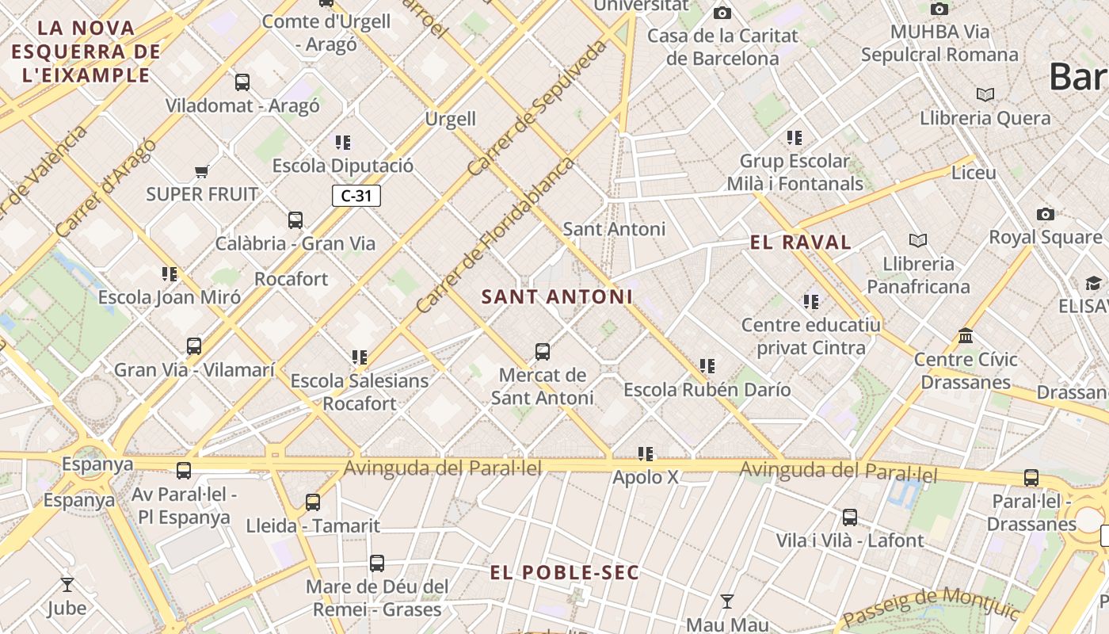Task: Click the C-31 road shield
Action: click(356, 196)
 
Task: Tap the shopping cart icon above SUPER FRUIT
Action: click(202, 171)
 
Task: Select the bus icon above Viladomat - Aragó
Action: click(242, 82)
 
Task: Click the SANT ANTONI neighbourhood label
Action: click(558, 297)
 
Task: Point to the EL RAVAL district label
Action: click(801, 243)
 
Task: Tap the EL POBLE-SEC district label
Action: click(564, 573)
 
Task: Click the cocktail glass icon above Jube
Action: click(67, 585)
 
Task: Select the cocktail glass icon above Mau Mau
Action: click(726, 601)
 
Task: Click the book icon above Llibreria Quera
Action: click(985, 95)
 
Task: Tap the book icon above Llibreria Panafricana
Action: click(918, 240)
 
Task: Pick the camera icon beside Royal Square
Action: click(1046, 214)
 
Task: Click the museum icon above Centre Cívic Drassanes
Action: click(965, 336)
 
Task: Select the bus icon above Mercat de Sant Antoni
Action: click(543, 351)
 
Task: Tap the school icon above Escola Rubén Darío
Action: click(707, 366)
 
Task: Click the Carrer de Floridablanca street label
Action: click(495, 235)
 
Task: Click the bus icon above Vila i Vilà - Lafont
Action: click(850, 518)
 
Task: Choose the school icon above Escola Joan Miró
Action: click(170, 274)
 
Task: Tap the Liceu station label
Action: click(974, 172)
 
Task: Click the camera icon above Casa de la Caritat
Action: click(722, 13)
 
